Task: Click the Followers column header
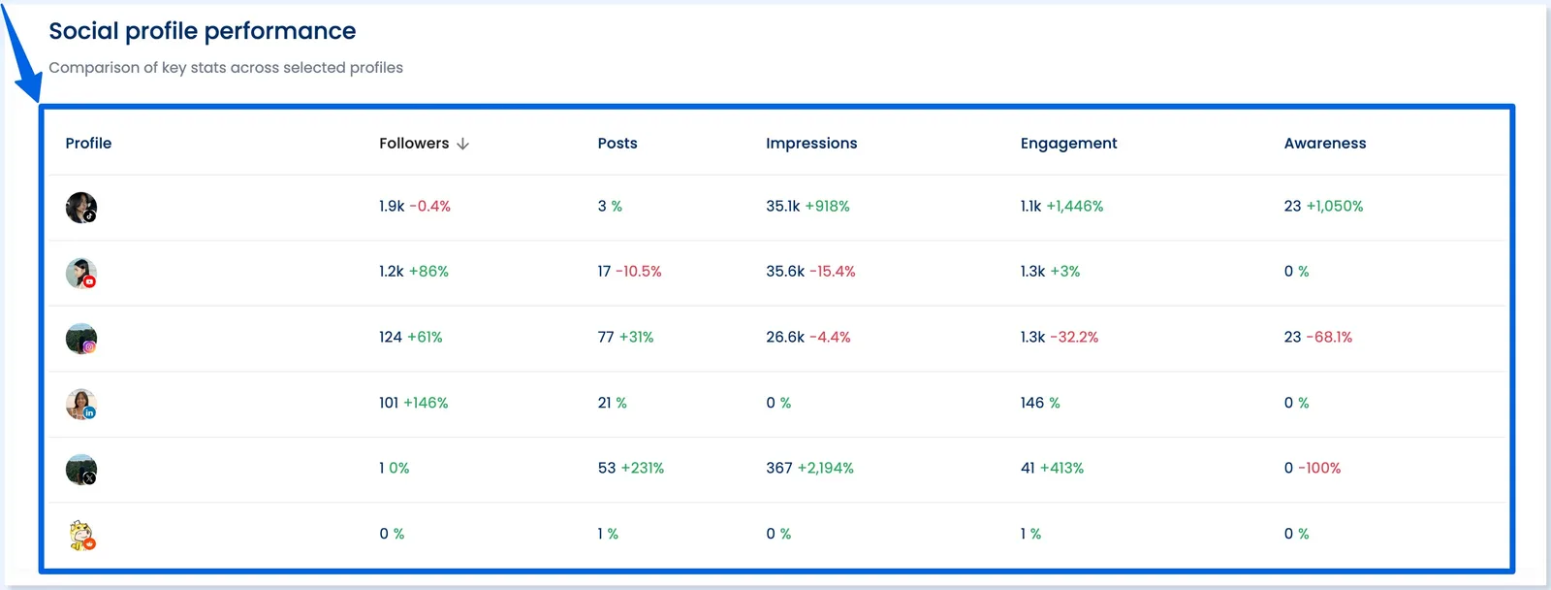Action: coord(414,144)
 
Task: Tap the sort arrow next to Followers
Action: coord(463,144)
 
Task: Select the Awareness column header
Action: coord(1324,144)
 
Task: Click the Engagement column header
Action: coord(1068,144)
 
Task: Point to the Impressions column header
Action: coord(811,144)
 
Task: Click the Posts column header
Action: coord(617,144)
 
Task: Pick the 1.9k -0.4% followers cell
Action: coord(415,207)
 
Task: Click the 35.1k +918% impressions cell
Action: coord(807,207)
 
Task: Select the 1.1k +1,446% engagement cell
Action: coord(1061,207)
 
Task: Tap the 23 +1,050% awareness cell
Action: coord(1323,207)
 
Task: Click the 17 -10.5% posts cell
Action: coord(629,272)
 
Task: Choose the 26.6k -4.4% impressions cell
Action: coord(807,338)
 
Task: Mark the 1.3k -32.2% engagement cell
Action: coord(1059,338)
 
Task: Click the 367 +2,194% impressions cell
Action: coord(809,469)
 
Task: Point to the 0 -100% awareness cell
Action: coord(1312,469)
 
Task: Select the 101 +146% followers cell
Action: coord(413,403)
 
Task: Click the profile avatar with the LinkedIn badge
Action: coord(81,404)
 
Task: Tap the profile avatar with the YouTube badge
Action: coord(81,273)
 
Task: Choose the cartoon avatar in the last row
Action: coord(81,535)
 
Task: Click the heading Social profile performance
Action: coord(203,31)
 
